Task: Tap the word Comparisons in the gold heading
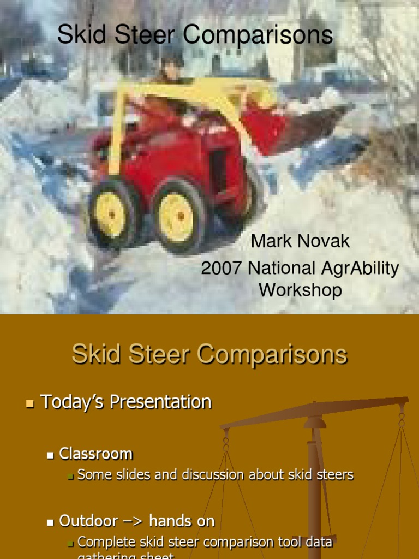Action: point(272,355)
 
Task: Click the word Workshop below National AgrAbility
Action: point(300,290)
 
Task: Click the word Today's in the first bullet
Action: point(73,402)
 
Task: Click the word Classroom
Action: point(96,454)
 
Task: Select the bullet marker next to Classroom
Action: point(51,455)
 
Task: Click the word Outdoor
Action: point(88,521)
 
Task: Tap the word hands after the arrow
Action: point(171,521)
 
